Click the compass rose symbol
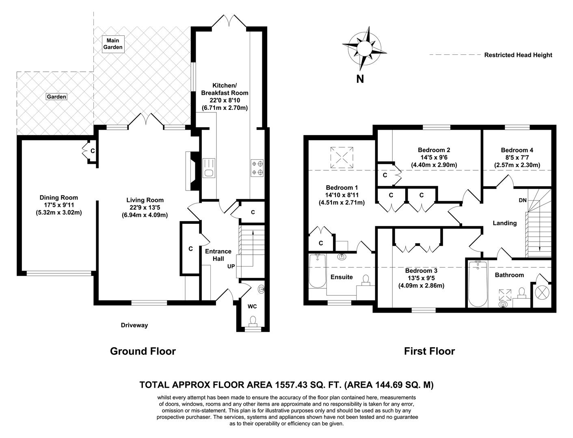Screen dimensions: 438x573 [x=364, y=47]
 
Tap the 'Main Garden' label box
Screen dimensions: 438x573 [x=112, y=44]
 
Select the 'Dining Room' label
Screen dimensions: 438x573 [x=58, y=198]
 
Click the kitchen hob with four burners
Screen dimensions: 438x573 [x=257, y=168]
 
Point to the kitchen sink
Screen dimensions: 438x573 [x=209, y=168]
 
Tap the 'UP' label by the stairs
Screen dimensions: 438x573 [x=231, y=266]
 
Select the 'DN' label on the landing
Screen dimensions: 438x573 [x=523, y=200]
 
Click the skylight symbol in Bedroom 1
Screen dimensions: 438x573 [x=341, y=157]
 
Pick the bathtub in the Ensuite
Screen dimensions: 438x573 [x=317, y=271]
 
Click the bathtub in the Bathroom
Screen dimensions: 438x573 [x=477, y=284]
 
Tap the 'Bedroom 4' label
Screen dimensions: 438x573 [x=517, y=150]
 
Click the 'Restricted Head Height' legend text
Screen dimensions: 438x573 [x=518, y=55]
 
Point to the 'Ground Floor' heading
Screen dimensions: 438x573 [x=143, y=351]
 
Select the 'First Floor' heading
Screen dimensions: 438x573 [x=429, y=351]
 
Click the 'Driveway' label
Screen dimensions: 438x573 [x=134, y=325]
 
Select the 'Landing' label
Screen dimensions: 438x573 [x=504, y=223]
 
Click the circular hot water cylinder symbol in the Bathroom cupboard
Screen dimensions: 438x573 [x=543, y=292]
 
